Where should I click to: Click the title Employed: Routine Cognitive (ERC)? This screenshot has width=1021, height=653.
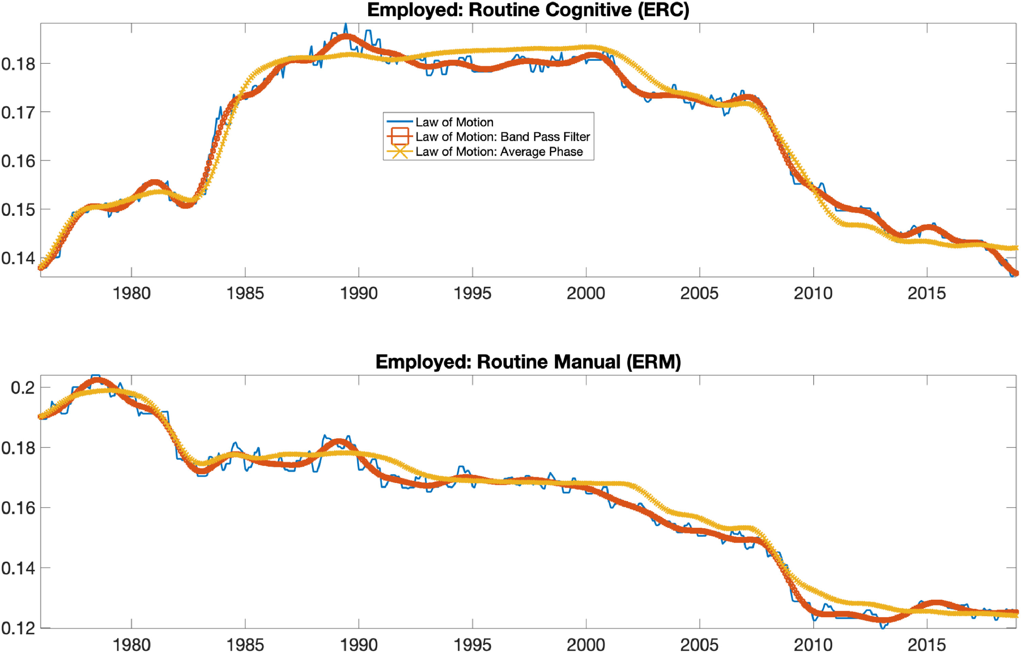528,10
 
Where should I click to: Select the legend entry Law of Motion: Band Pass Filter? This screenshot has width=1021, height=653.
502,137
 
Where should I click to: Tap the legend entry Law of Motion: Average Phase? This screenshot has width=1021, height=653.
499,152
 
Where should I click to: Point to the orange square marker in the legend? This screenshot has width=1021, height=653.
400,137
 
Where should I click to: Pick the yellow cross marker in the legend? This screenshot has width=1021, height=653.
400,152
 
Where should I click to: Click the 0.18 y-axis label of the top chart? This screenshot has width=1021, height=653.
18,64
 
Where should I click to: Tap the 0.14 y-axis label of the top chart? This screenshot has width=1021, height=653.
18,258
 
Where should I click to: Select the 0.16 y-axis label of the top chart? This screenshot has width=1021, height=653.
18,161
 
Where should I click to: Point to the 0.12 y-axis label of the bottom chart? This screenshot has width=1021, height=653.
18,628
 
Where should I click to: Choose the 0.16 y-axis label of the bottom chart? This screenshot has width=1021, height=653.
18,508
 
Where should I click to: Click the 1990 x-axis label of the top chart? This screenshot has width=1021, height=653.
359,293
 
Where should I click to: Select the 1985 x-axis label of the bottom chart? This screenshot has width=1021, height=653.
245,645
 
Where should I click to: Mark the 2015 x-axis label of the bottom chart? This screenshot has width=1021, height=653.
926,645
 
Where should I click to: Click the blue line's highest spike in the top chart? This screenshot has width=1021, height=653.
345,24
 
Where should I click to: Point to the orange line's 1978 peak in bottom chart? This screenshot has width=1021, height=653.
97,380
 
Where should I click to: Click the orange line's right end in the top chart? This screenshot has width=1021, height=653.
1016,273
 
